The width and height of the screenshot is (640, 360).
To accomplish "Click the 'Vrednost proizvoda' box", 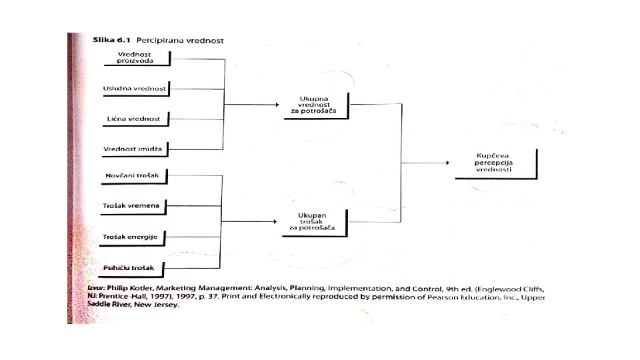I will (135, 57).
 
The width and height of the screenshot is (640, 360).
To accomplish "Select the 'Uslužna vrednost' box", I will (135, 88).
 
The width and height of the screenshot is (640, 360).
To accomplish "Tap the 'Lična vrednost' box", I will (134, 119).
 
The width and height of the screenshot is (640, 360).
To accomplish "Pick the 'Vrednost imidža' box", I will (134, 148).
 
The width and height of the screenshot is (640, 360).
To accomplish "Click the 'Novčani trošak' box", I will (134, 175).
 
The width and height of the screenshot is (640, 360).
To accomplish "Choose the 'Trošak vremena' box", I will (134, 206).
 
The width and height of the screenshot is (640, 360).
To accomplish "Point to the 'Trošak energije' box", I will (134, 237).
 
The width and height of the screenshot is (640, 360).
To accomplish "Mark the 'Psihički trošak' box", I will (134, 268).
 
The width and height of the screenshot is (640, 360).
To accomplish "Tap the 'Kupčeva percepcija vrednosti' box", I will (494, 163).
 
